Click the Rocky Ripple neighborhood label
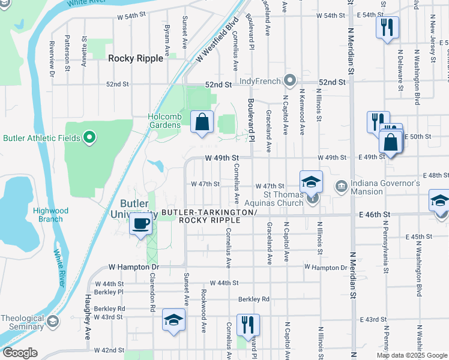pyautogui.click(x=135, y=58)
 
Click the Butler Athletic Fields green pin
pyautogui.click(x=89, y=138)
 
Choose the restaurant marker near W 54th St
pyautogui.click(x=387, y=27)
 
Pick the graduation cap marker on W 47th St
pyautogui.click(x=312, y=182)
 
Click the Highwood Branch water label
pyautogui.click(x=51, y=215)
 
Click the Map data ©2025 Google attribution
pyautogui.click(x=412, y=355)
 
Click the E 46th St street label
pyautogui.click(x=375, y=214)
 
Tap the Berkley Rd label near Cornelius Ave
pyautogui.click(x=254, y=298)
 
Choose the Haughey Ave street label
pyautogui.click(x=87, y=312)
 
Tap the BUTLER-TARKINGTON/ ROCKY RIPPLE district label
pyautogui.click(x=209, y=217)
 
